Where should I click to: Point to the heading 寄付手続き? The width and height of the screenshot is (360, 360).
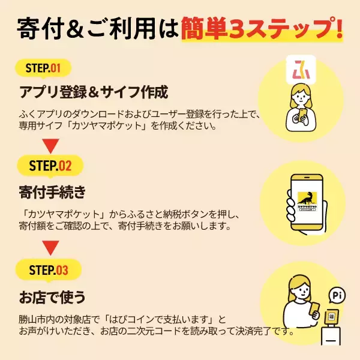[53, 193]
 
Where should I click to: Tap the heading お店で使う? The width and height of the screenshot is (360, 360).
[52, 296]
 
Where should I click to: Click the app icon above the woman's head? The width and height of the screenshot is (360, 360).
[298, 70]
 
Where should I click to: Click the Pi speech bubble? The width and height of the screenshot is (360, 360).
[337, 295]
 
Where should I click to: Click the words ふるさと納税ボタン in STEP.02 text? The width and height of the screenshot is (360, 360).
[172, 214]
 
